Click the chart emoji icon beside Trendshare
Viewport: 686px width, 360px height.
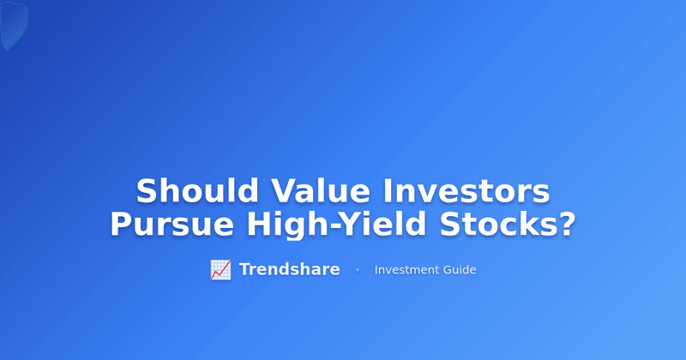click(x=220, y=270)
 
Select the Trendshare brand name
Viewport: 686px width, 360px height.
click(x=289, y=270)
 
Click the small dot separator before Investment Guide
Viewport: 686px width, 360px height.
click(x=358, y=270)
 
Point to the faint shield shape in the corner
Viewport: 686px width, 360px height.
click(x=13, y=24)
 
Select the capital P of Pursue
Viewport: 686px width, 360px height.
click(x=121, y=225)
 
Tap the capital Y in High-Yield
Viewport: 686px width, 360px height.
click(x=345, y=225)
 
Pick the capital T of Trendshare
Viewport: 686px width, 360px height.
click(x=244, y=270)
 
